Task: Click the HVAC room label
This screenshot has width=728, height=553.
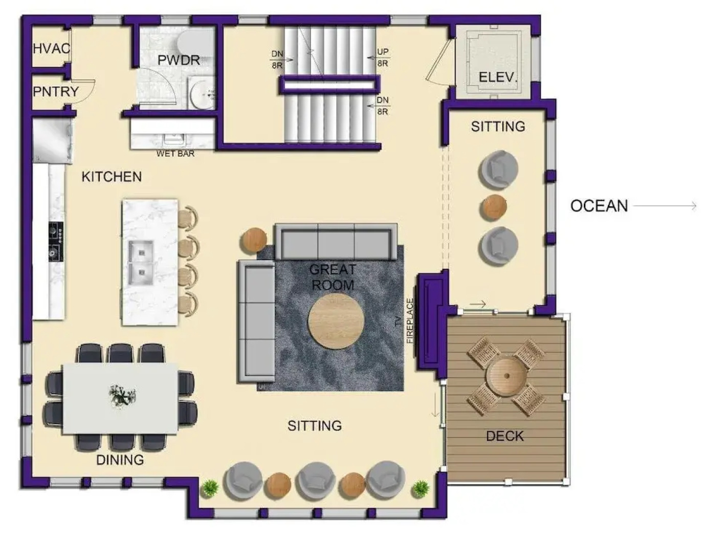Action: tap(52, 49)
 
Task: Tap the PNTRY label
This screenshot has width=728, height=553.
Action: tap(56, 91)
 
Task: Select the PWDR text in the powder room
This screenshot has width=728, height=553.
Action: tap(179, 60)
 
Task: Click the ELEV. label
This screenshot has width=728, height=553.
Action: tap(497, 77)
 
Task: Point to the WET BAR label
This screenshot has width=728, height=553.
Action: tap(175, 154)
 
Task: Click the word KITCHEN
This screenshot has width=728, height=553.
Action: tap(112, 177)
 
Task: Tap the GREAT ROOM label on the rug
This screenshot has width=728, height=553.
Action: tap(333, 277)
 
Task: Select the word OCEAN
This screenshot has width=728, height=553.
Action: tap(599, 206)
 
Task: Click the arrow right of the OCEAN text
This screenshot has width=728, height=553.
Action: tap(665, 206)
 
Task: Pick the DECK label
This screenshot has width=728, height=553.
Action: tap(505, 436)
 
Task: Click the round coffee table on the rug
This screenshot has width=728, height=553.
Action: tap(336, 322)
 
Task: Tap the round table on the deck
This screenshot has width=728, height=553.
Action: tap(506, 376)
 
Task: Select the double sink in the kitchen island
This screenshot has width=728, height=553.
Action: tap(141, 263)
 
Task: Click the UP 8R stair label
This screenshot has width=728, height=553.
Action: tap(382, 57)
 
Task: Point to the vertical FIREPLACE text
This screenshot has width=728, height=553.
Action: tap(410, 321)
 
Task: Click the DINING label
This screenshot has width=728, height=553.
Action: tap(120, 460)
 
